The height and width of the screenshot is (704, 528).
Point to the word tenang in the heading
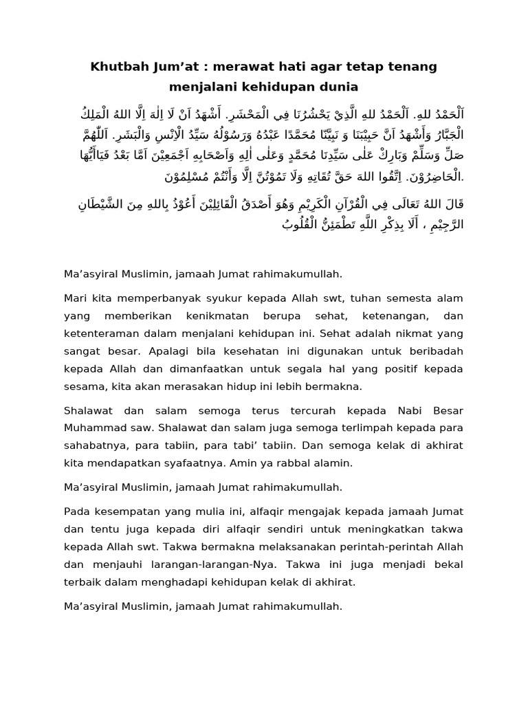click(411, 67)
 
